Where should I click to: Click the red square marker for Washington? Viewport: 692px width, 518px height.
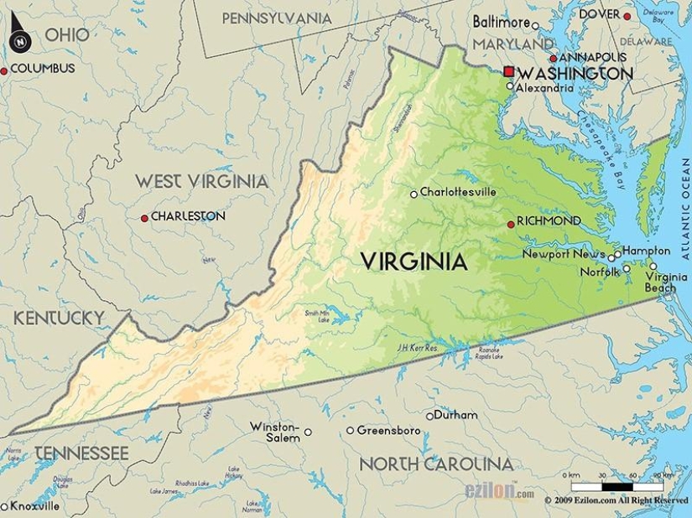[x=508, y=72]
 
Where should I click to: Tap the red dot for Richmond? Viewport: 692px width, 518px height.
[x=511, y=224]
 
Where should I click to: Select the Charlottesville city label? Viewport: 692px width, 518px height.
[x=458, y=192]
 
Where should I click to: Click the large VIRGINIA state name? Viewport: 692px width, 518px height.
[x=414, y=262]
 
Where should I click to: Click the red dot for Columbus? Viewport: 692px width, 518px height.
[x=4, y=71]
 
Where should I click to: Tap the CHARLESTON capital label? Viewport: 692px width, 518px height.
[x=188, y=216]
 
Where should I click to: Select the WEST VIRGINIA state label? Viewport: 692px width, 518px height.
[x=201, y=181]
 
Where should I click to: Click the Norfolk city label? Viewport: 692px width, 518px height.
[x=600, y=272]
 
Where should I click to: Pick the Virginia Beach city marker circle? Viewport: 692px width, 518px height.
[x=653, y=266]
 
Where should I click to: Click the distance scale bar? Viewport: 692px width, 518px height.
[x=617, y=486]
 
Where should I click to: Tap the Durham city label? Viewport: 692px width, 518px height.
[x=456, y=415]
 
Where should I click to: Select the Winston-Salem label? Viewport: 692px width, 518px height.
[x=274, y=432]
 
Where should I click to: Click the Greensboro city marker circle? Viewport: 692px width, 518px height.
[x=351, y=431]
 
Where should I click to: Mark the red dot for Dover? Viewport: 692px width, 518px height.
[x=627, y=15]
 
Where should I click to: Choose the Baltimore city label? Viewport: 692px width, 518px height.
[x=501, y=22]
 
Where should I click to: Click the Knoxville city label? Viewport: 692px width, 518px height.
[x=34, y=506]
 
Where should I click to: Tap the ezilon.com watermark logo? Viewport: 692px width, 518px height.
[x=499, y=492]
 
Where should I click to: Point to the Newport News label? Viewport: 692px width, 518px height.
[x=563, y=254]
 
